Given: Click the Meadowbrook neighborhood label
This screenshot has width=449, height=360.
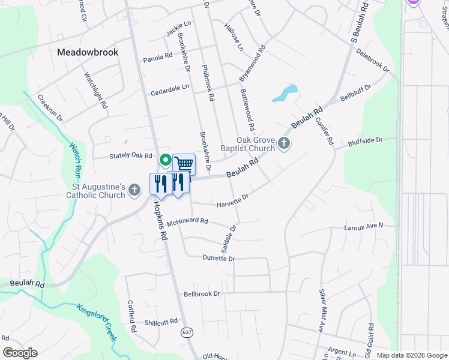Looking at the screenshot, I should [x=88, y=52].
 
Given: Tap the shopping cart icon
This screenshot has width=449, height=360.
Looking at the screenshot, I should [x=184, y=164].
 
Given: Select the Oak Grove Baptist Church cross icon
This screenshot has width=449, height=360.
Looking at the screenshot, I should [x=285, y=143].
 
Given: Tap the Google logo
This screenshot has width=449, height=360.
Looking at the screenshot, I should [x=20, y=353].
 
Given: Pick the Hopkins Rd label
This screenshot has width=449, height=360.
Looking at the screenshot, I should [x=159, y=221].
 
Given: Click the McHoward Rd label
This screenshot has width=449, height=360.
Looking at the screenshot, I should [x=187, y=221].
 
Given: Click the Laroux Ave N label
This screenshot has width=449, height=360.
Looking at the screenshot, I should [x=363, y=227].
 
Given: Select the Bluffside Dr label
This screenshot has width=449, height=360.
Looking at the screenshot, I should [x=365, y=142].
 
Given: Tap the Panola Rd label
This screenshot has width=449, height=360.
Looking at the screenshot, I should [x=158, y=59].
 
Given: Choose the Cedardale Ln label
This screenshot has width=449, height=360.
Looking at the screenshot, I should [x=170, y=87].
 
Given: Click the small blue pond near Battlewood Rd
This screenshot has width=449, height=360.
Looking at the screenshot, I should [x=285, y=93].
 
